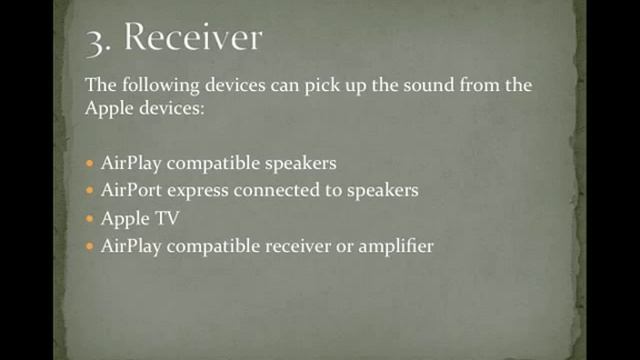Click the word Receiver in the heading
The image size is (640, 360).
192,37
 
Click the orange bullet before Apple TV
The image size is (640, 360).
91,217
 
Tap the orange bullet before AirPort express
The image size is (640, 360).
91,189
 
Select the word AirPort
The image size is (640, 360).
132,189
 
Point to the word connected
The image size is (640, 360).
279,189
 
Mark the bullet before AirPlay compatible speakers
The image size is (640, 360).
91,161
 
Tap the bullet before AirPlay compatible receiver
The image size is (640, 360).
91,245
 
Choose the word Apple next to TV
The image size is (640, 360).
123,217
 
